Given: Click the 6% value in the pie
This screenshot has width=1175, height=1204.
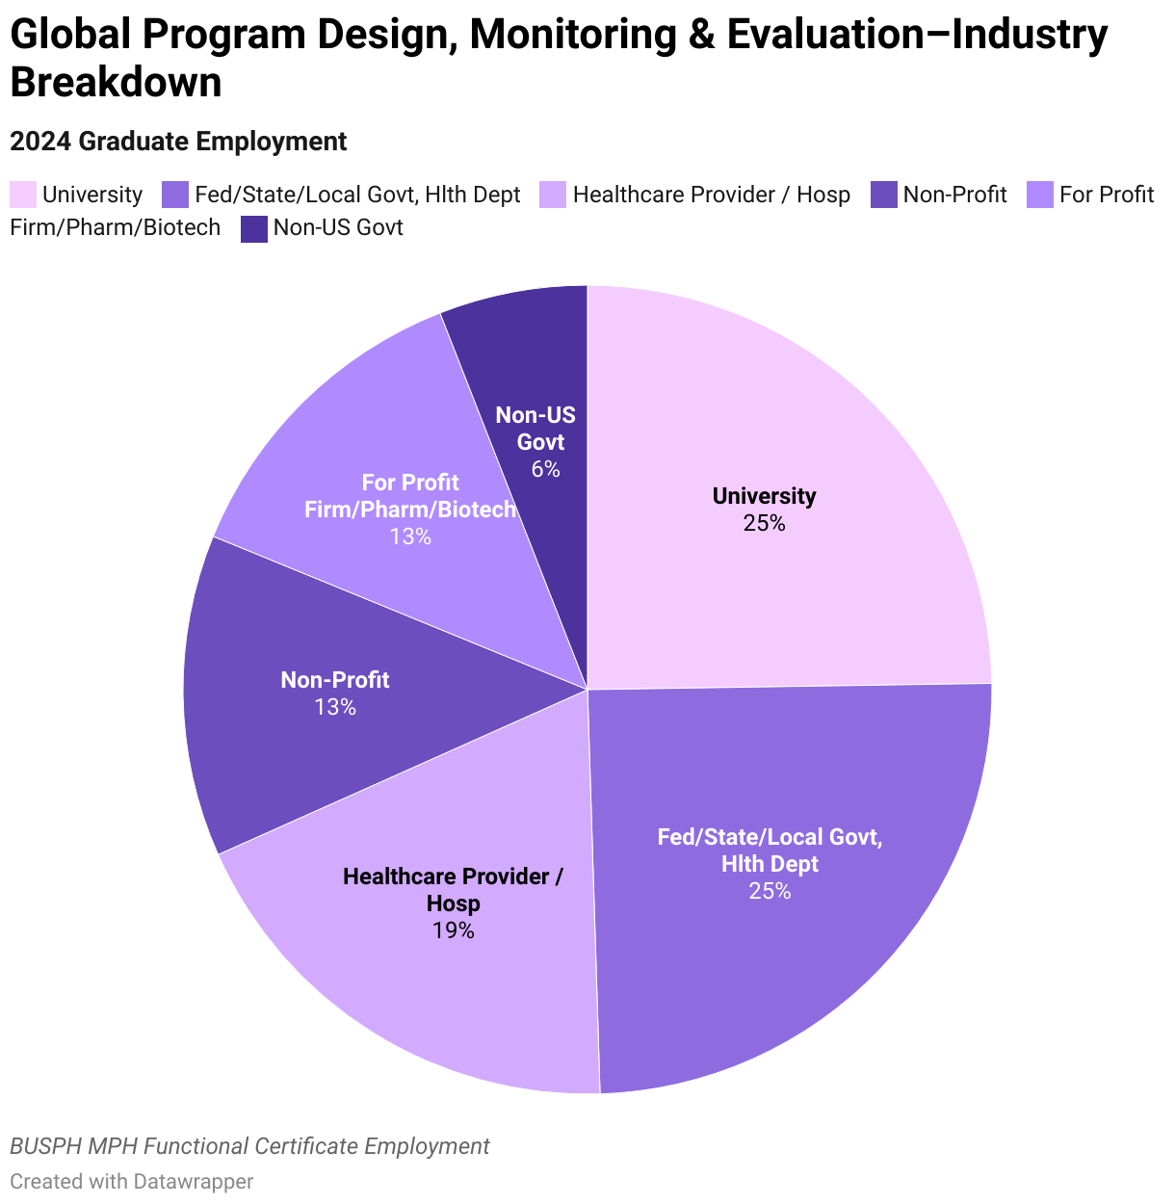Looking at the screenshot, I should pos(545,469).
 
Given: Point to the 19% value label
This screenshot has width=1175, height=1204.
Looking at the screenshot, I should pos(453,930).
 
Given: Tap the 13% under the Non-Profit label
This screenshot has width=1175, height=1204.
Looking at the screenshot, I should pos(334,707).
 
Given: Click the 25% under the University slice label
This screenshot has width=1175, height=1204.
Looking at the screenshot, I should pos(764,523).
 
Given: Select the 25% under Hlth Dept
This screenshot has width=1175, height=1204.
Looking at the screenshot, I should pos(770,891).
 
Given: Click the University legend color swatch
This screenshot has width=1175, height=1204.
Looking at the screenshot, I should pos(23,195).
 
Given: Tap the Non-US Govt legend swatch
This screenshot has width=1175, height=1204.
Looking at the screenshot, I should pos(254,228).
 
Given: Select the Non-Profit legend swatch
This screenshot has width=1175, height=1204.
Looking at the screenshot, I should pos(884,195).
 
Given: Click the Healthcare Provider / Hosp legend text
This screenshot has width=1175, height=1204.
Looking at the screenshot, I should pos(711,195).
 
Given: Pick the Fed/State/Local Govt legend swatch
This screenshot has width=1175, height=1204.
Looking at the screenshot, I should pos(175,195).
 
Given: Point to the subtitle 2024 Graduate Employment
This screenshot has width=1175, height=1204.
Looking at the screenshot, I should pos(178,142).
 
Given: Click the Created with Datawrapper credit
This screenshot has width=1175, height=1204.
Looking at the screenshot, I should pos(132,1181).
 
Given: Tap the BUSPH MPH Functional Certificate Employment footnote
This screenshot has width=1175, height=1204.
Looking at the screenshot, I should pos(249,1146).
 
